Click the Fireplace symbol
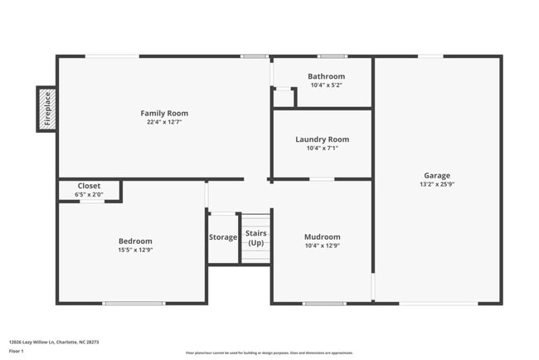click(47, 109)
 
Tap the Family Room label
click(164, 113)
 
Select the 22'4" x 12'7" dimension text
click(164, 122)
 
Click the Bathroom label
click(327, 76)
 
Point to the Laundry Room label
click(322, 139)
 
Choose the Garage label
click(437, 175)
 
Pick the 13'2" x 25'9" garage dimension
click(437, 184)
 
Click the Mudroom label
click(322, 236)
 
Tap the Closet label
click(89, 186)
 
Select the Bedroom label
click(135, 241)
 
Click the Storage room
click(223, 237)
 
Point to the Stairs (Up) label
click(256, 238)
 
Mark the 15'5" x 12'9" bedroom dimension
click(135, 250)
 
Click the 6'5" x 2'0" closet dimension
click(89, 194)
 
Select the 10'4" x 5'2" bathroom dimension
click(327, 85)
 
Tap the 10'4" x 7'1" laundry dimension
click(322, 148)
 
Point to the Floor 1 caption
click(16, 351)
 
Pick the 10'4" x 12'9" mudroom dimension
click(322, 246)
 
